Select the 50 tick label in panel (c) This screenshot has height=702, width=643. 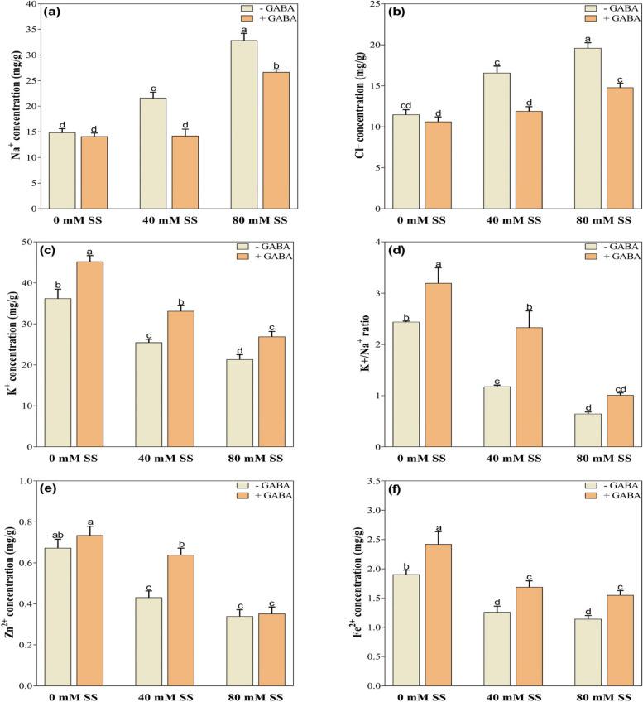click(x=31, y=242)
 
